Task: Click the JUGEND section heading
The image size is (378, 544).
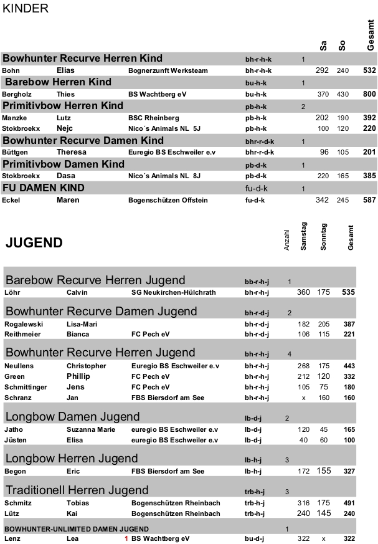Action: point(34,243)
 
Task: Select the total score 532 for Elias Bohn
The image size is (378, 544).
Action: point(369,70)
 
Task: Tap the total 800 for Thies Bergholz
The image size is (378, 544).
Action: point(369,94)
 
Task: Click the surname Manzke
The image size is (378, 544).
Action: point(14,118)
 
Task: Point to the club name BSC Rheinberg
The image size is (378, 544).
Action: point(153,118)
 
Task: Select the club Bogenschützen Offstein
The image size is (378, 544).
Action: point(168,200)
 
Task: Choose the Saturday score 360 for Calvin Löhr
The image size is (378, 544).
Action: point(303,292)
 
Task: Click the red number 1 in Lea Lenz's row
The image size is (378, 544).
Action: point(126,538)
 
